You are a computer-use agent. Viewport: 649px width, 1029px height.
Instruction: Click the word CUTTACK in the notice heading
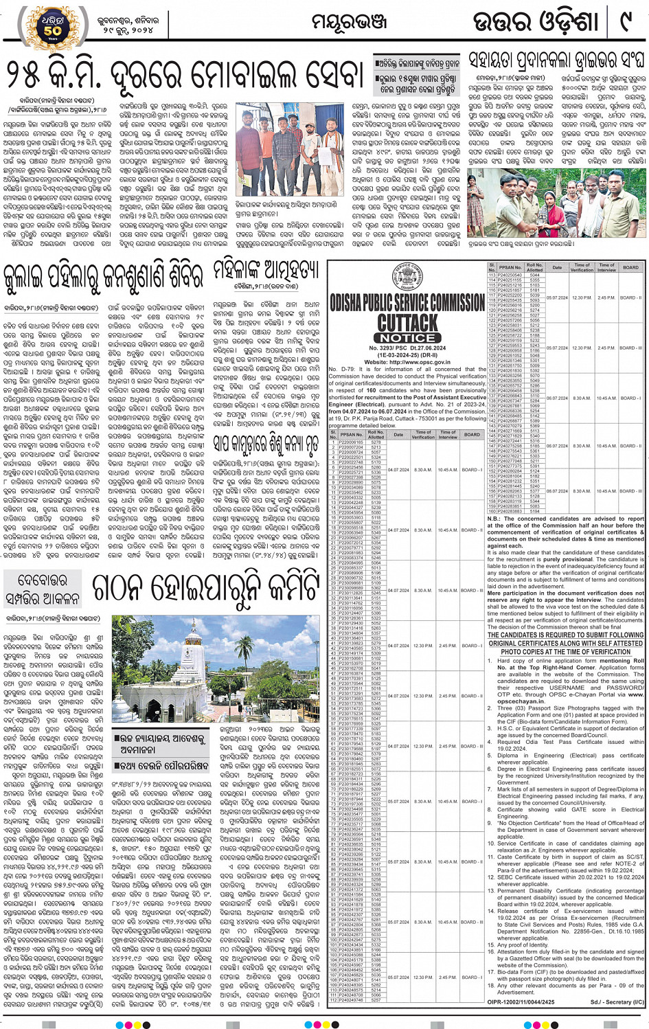407,322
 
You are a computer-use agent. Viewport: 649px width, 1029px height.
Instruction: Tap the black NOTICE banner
407,338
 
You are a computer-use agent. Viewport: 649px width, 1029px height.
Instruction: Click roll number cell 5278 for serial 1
376,442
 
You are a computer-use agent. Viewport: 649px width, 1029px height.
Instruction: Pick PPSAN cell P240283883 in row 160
510,511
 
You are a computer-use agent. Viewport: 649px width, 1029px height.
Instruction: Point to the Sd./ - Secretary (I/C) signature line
617,1002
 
